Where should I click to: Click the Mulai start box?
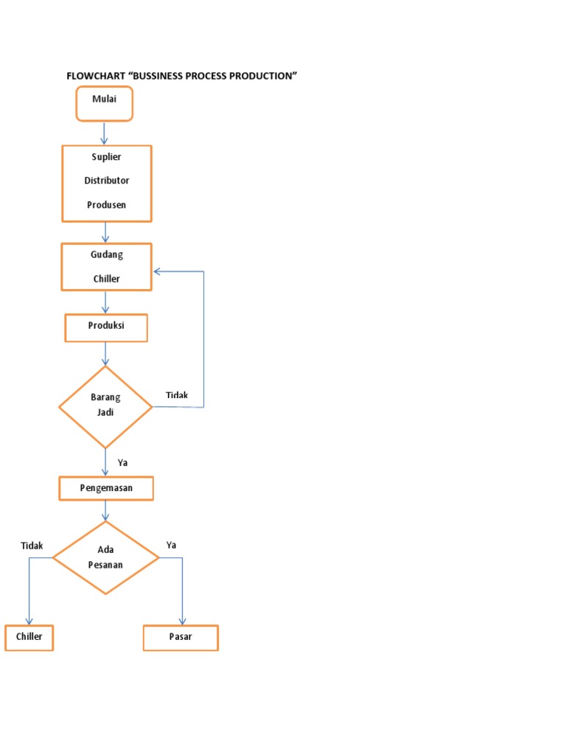click(x=104, y=103)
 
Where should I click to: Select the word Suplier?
click(x=106, y=157)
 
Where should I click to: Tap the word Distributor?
click(x=106, y=181)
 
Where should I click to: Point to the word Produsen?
click(x=106, y=205)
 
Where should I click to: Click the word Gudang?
click(x=106, y=254)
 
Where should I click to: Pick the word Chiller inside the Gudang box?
click(x=106, y=279)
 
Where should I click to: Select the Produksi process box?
click(x=106, y=327)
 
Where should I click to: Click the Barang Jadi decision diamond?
click(x=105, y=406)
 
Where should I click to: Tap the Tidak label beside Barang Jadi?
click(x=177, y=395)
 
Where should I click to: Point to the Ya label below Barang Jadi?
click(x=122, y=463)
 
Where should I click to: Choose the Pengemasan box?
click(x=106, y=488)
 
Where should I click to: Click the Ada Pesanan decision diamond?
click(x=106, y=557)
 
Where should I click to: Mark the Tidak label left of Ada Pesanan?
click(x=32, y=546)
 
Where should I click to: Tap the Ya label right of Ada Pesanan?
click(x=171, y=545)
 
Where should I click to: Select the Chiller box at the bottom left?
click(x=29, y=637)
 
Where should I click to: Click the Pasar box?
click(x=181, y=637)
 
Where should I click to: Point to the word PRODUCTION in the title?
click(x=262, y=76)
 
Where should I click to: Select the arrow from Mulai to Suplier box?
click(x=105, y=133)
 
